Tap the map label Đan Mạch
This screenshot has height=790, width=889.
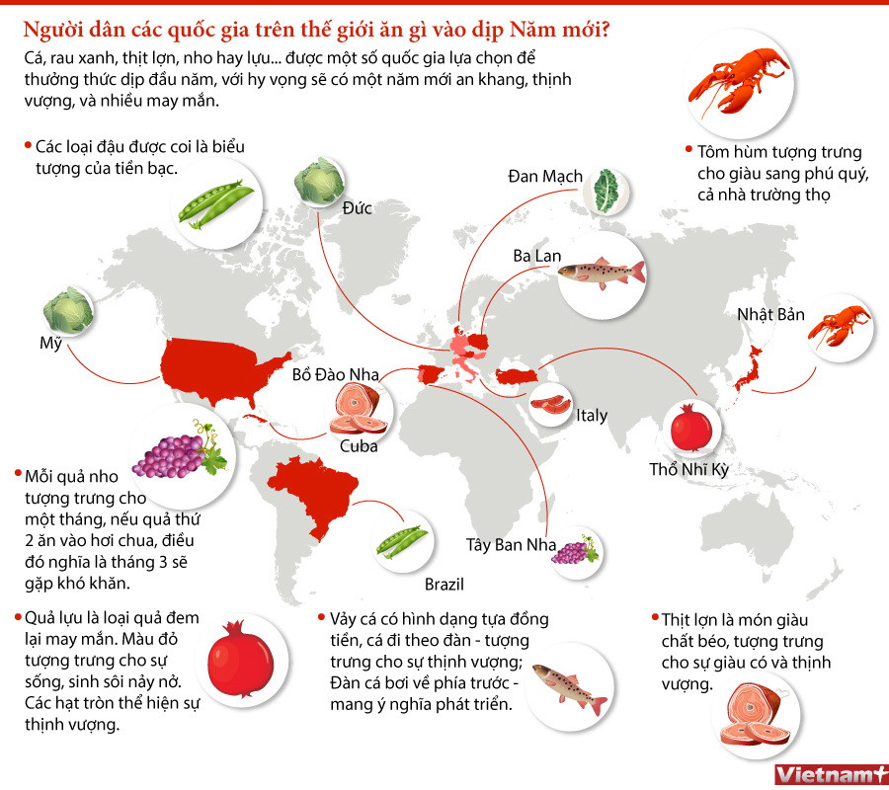(x=544, y=176)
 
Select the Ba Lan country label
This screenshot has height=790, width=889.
(x=537, y=256)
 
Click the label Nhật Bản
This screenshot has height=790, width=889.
(x=770, y=315)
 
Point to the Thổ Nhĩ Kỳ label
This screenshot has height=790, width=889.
(x=688, y=469)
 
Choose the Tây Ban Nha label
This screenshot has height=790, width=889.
(x=512, y=544)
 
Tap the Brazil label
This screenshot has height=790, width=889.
(x=444, y=583)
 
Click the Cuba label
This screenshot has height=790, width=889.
(x=359, y=446)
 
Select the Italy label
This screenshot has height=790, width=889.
(x=592, y=416)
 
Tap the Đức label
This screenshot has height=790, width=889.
(x=357, y=208)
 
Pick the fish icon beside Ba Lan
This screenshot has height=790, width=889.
(x=601, y=275)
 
